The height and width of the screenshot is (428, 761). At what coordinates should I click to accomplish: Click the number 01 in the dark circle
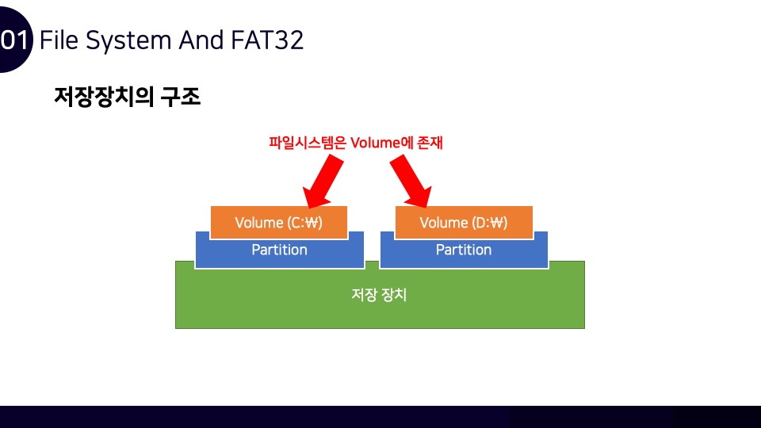tap(15, 40)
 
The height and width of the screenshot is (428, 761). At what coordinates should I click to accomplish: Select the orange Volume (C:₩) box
tap(279, 223)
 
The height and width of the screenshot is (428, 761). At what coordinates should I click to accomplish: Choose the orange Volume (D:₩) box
tap(463, 223)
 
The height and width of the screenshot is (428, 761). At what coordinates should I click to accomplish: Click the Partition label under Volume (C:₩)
tap(279, 250)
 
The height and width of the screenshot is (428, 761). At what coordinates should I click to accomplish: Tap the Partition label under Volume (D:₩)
tap(464, 250)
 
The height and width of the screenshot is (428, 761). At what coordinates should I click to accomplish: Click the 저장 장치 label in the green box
tap(379, 295)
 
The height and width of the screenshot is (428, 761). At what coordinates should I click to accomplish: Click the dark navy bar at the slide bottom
tap(380, 417)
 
